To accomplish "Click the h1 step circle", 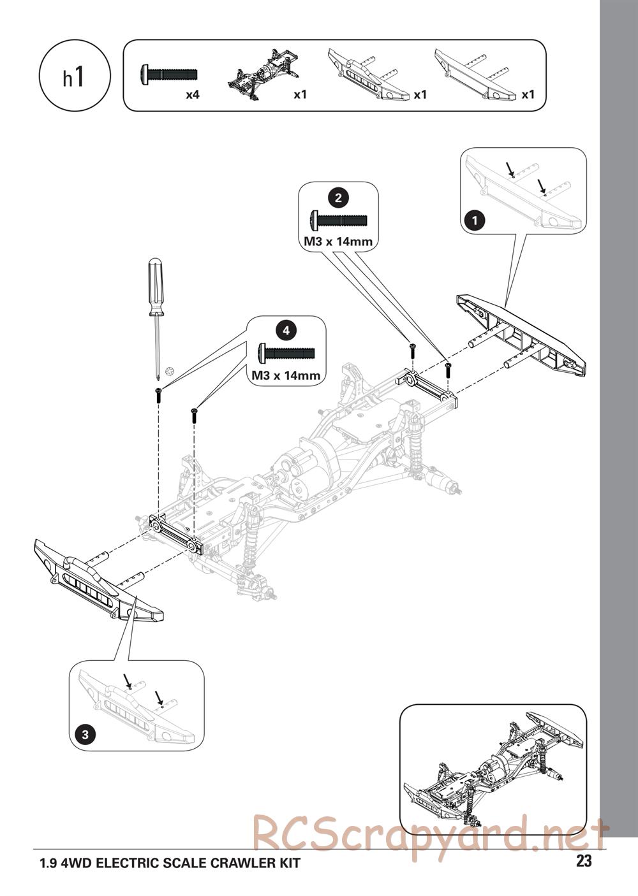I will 75,76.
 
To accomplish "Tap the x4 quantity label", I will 193,95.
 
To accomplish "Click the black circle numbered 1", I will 473,221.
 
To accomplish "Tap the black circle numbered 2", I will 338,198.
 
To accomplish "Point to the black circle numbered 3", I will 85,734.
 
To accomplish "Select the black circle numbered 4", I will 286,330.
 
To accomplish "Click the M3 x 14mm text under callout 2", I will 338,242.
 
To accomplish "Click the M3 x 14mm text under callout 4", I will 286,375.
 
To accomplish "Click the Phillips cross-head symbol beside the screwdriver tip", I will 169,370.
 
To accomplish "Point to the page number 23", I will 584,862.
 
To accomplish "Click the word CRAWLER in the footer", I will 218,864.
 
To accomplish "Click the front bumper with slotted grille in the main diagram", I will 96,580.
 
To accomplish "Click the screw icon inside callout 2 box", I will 338,220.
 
